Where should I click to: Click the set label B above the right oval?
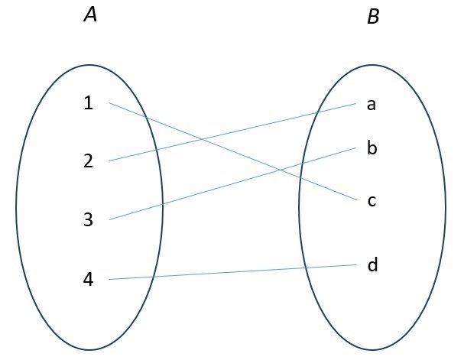(373, 17)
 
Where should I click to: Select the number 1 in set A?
(89, 102)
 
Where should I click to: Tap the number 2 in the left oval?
(89, 161)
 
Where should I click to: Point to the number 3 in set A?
(89, 220)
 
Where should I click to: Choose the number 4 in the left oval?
(89, 280)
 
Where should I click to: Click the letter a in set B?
(372, 104)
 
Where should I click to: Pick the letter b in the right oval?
(372, 148)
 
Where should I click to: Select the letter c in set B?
(372, 201)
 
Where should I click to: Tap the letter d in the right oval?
(372, 265)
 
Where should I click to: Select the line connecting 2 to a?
(252, 128)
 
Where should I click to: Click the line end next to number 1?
(109, 102)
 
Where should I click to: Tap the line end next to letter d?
(357, 265)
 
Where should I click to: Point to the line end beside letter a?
(357, 103)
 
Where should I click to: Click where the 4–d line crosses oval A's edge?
(153, 277)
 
